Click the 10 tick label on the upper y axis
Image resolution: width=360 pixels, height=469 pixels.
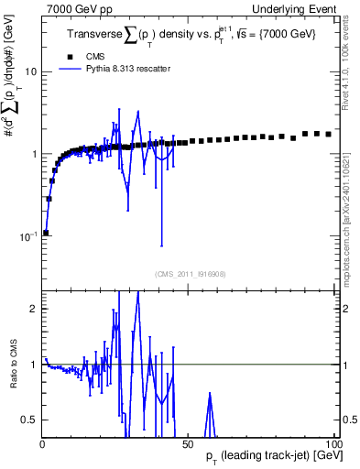[30, 71]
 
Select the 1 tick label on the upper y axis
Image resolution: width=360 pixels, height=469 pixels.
[33, 154]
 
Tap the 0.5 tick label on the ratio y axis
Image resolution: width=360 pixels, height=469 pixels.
[29, 420]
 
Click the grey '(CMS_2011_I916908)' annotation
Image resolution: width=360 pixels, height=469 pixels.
[190, 273]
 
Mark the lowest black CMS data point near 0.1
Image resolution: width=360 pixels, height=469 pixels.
[46, 233]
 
